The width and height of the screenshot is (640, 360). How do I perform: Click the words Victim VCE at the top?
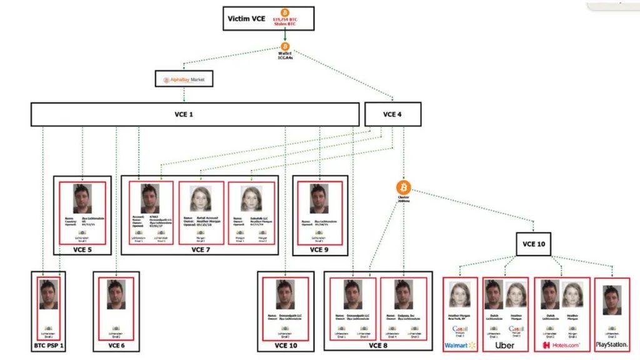tap(246, 19)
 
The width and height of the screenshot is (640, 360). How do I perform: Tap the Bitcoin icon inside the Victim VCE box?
tap(285, 12)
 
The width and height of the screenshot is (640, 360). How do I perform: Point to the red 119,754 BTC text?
tap(286, 20)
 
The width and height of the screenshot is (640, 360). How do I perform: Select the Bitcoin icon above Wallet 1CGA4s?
tap(285, 46)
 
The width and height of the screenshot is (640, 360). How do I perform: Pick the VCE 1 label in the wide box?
tap(195, 114)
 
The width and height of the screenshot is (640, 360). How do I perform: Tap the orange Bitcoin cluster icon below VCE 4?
tap(403, 187)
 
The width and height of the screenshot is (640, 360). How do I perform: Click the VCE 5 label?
tap(82, 249)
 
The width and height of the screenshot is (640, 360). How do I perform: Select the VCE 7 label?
tap(200, 249)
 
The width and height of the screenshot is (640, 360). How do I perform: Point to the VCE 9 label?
tap(319, 249)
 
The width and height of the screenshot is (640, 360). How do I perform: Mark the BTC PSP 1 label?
tap(49, 346)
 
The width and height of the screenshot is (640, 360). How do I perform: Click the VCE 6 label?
tap(116, 346)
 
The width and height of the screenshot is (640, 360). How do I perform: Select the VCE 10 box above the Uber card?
tap(533, 244)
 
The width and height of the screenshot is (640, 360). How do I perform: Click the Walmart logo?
tap(460, 345)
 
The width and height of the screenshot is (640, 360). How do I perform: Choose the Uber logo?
tap(504, 345)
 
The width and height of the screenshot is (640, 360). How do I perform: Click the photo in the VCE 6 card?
tap(116, 294)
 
